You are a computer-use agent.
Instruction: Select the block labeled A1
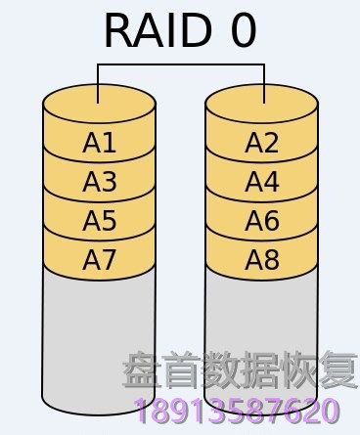tap(100, 144)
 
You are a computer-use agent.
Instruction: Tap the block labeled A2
tap(261, 144)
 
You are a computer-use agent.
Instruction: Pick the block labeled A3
tap(100, 183)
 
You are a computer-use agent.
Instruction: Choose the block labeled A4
tap(261, 183)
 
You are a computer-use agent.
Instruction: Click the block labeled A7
tap(100, 260)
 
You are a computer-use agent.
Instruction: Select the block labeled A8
tap(261, 260)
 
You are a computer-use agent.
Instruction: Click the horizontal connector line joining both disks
tap(181, 65)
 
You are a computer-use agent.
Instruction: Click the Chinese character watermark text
tap(240, 372)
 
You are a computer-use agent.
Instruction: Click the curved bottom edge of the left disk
tap(100, 413)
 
